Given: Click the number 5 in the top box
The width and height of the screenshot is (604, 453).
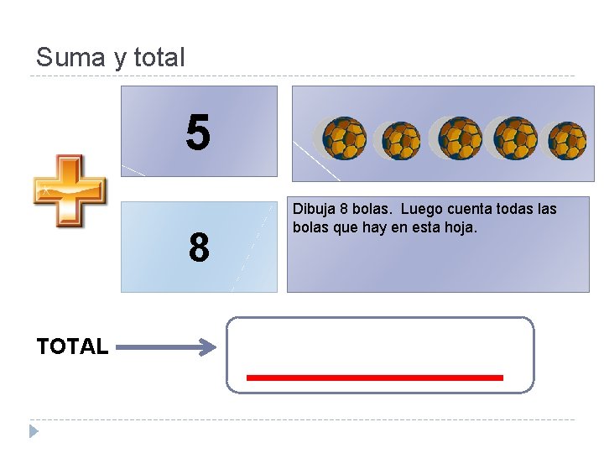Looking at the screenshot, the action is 198,133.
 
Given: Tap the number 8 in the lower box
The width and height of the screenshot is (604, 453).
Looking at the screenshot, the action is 199,248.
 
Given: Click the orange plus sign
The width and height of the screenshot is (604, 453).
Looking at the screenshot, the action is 70,190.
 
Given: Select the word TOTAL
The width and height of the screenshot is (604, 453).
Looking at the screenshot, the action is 72,346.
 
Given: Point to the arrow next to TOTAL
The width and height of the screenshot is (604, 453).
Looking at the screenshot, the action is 166,346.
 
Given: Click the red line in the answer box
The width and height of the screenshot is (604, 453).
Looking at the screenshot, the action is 374,377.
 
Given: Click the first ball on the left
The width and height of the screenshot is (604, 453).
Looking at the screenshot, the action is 345,138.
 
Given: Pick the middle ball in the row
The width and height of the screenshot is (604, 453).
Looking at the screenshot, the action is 459,138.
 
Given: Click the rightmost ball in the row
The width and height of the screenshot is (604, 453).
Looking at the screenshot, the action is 566,140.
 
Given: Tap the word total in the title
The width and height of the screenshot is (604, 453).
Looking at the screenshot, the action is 159,58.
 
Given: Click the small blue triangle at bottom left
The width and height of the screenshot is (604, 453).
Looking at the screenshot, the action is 34,431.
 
